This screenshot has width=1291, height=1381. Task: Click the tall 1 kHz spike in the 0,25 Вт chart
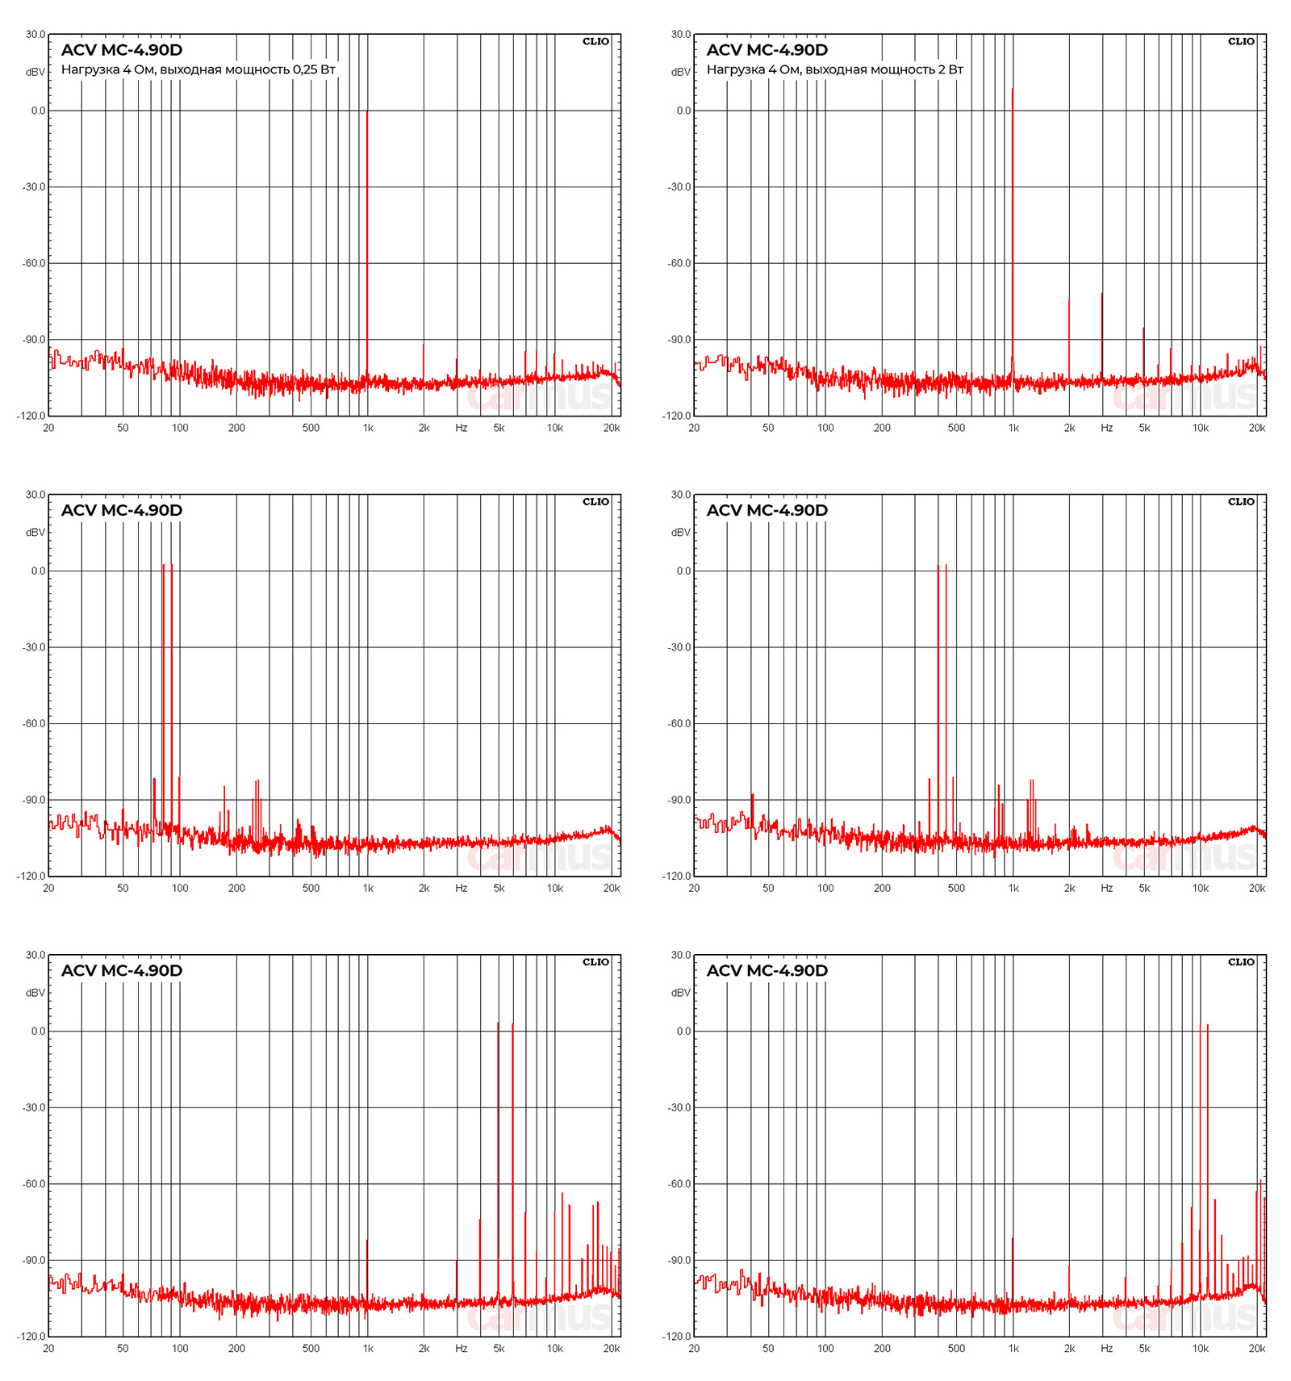(x=367, y=242)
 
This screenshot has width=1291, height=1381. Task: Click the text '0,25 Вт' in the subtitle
(x=314, y=69)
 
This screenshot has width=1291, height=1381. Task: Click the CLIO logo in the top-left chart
(x=595, y=41)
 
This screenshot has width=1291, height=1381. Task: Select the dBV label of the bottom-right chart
(x=681, y=993)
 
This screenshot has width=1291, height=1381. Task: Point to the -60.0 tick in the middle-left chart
(x=34, y=723)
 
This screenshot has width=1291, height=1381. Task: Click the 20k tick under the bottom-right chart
(x=1256, y=1348)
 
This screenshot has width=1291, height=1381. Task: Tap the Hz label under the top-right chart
(x=1106, y=428)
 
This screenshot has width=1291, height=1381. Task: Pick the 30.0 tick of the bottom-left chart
(x=36, y=955)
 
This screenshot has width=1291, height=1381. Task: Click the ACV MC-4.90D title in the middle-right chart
(x=767, y=510)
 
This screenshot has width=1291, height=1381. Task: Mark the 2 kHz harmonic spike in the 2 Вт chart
(x=1069, y=339)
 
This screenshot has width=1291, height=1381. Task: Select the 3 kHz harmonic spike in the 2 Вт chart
(x=1102, y=335)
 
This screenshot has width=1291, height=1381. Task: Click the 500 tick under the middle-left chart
(x=311, y=888)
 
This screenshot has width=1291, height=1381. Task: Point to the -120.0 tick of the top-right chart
(x=677, y=416)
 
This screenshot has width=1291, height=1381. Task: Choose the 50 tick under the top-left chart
(x=123, y=428)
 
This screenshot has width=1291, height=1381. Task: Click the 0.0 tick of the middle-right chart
(x=683, y=571)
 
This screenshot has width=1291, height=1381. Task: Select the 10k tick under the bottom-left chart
(x=555, y=1348)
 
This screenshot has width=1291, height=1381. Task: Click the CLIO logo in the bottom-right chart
(x=1241, y=961)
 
